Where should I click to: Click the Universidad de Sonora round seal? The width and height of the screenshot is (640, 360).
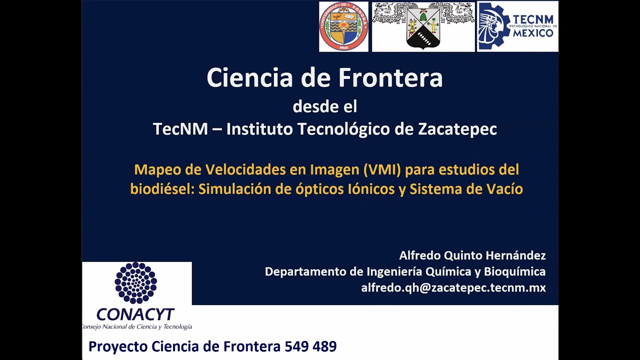[343, 26]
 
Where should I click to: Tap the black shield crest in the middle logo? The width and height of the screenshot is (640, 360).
[423, 29]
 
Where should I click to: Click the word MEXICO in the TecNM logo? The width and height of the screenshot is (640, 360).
[532, 33]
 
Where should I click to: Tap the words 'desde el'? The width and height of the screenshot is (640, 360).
[324, 106]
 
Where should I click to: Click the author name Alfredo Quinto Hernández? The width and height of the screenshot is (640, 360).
[472, 255]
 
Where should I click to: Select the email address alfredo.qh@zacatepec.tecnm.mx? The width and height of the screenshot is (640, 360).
[453, 287]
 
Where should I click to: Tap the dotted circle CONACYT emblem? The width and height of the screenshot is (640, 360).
[136, 283]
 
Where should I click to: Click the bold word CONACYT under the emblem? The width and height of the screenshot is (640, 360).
[135, 314]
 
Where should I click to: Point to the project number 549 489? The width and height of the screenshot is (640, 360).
[310, 346]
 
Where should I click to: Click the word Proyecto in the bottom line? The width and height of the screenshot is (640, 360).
[118, 346]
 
